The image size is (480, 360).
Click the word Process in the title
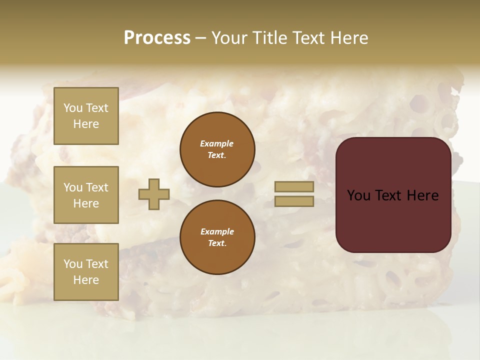157,38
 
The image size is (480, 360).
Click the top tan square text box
86,116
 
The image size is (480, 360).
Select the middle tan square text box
86,195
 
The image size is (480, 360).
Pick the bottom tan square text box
86,272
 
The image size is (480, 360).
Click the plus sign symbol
154,194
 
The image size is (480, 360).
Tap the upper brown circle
217,149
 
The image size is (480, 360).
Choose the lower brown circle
217,237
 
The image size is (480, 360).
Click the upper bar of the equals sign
294,186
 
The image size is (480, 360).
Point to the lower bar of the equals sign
294,201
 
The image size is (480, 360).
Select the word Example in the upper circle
217,143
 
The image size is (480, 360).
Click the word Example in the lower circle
217,231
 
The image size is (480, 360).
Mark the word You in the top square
72,108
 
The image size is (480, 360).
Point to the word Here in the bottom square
86,280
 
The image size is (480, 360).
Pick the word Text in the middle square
96,187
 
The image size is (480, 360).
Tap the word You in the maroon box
358,195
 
